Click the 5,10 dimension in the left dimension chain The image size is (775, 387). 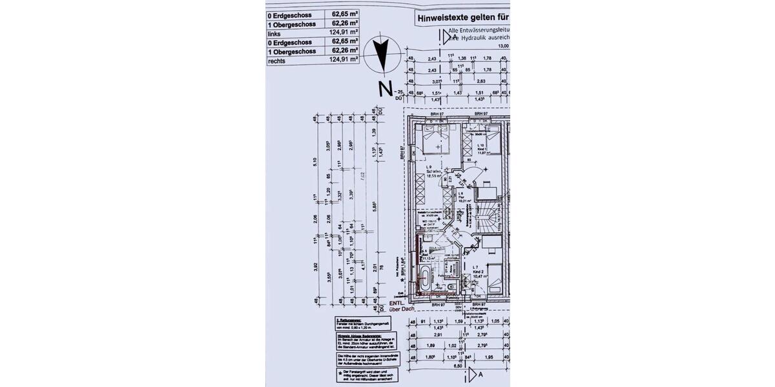coord(316,163)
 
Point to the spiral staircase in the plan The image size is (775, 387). coord(491,220)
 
